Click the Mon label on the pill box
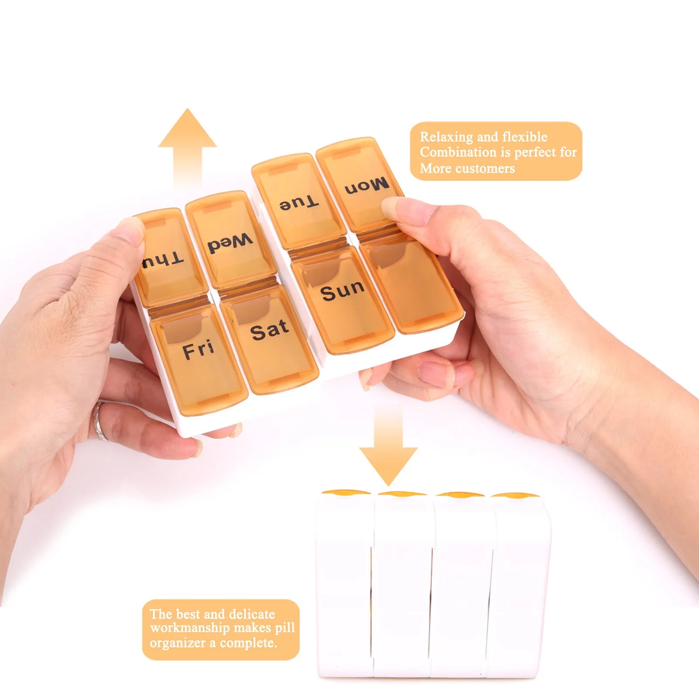click(x=367, y=186)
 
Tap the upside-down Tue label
click(x=299, y=203)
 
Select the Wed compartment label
click(x=230, y=243)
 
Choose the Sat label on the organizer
click(x=270, y=331)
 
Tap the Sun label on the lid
click(x=342, y=291)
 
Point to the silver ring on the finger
click(x=101, y=421)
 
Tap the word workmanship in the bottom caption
click(x=190, y=628)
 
